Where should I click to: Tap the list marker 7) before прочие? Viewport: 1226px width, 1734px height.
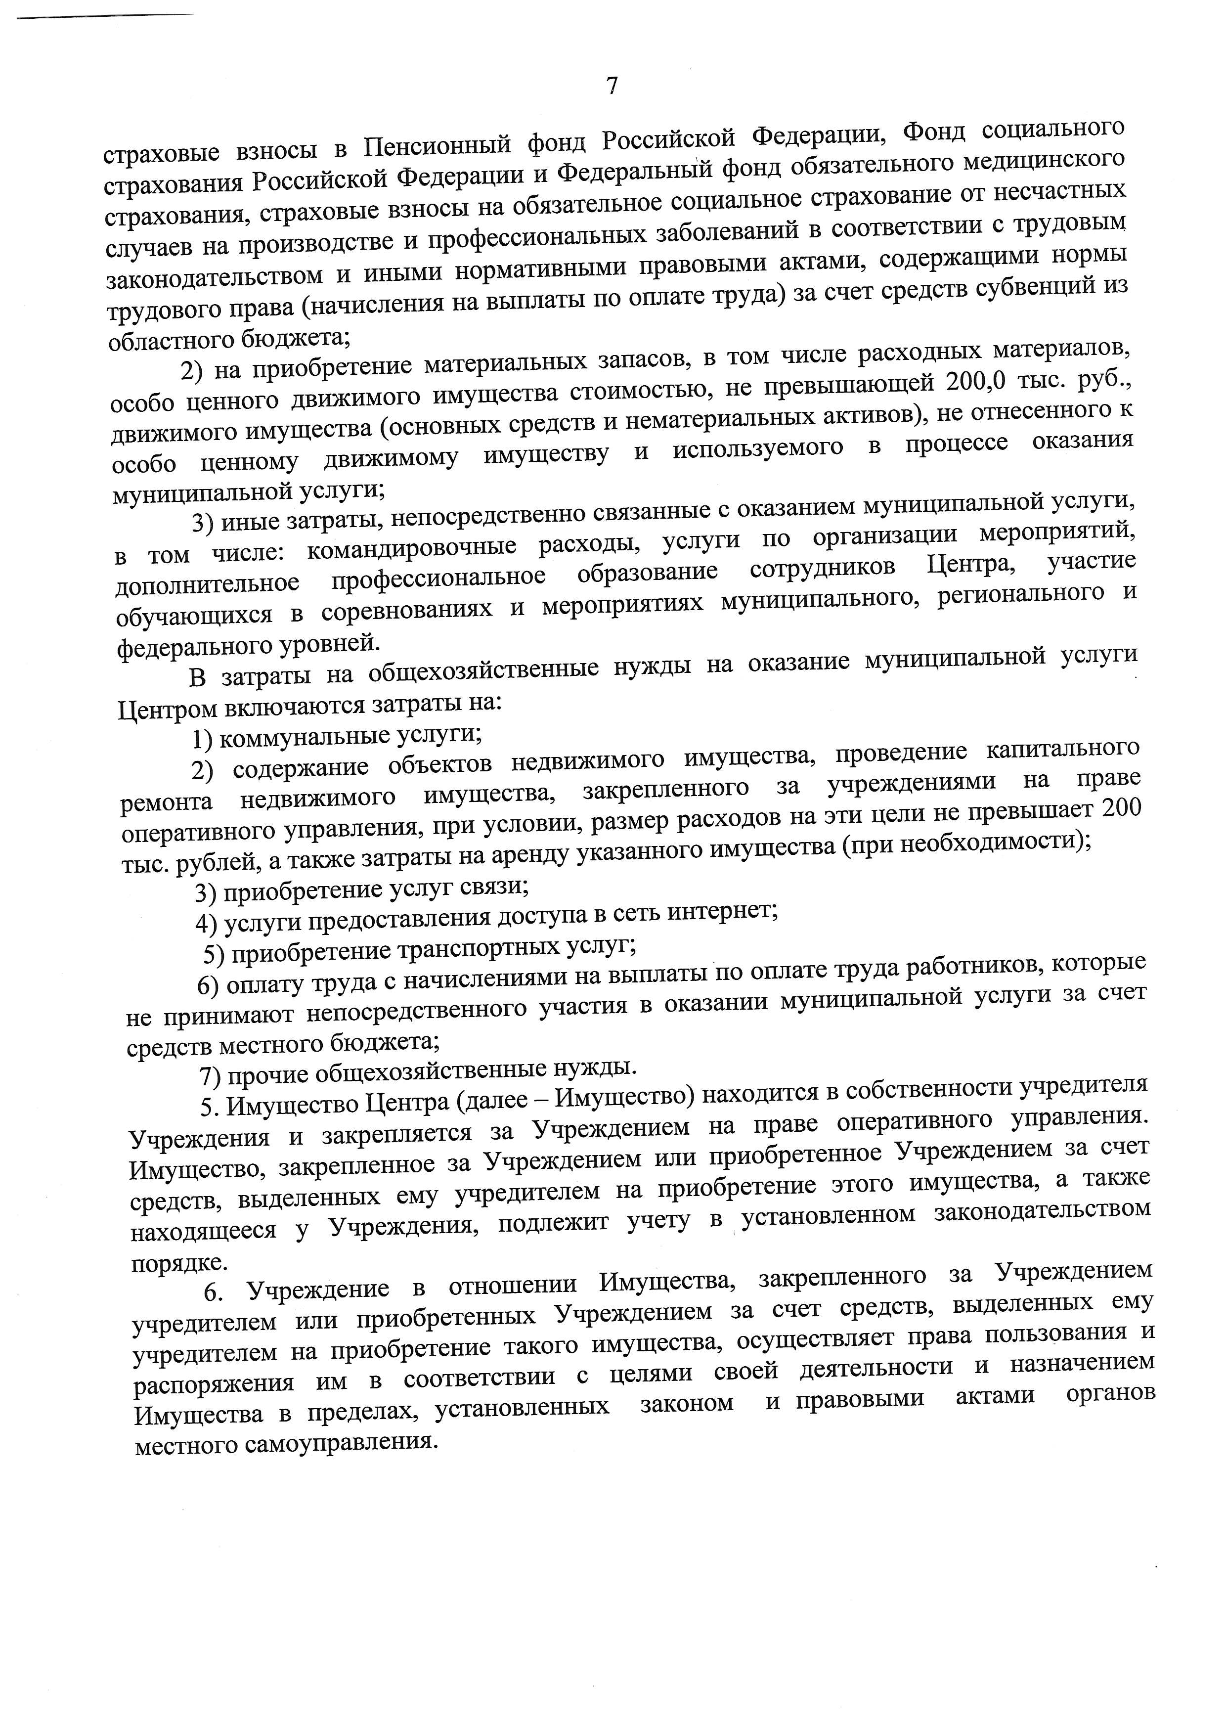[211, 1075]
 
